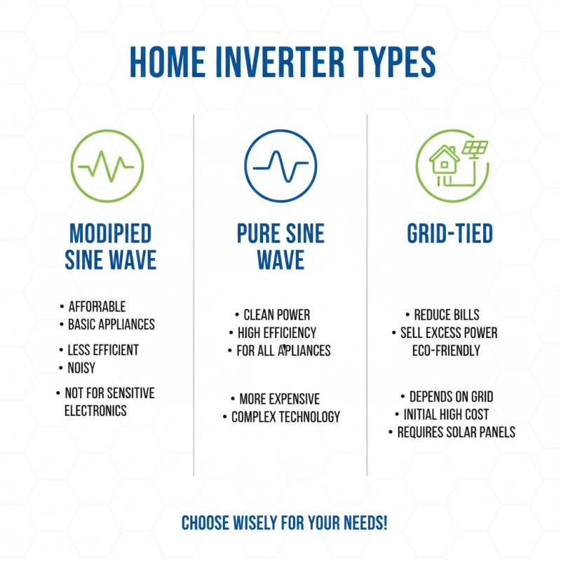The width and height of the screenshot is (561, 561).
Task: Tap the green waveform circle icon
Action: click(x=106, y=167)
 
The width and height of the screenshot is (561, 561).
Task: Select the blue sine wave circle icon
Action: click(x=279, y=167)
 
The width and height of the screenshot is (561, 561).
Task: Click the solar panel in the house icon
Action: click(x=475, y=149)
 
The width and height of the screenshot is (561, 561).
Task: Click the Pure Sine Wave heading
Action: click(x=280, y=247)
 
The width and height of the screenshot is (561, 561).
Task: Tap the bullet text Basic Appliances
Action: click(x=111, y=325)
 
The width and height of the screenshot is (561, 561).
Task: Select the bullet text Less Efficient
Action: click(x=102, y=350)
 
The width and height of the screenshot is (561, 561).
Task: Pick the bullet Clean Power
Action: click(x=276, y=315)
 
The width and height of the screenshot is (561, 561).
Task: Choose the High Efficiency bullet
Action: click(x=276, y=333)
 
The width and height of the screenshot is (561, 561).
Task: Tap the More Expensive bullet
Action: click(x=279, y=399)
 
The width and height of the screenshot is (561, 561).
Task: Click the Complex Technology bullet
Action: click(x=285, y=417)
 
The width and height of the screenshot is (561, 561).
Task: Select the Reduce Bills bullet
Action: click(x=446, y=315)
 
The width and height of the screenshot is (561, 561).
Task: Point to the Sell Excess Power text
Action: click(x=448, y=333)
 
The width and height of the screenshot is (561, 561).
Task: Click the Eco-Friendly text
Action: click(x=446, y=350)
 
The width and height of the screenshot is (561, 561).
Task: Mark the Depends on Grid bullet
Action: click(x=451, y=397)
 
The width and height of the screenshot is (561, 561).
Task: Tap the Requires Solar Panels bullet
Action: click(x=456, y=433)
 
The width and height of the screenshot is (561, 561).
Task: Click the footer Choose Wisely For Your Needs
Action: click(x=285, y=523)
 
